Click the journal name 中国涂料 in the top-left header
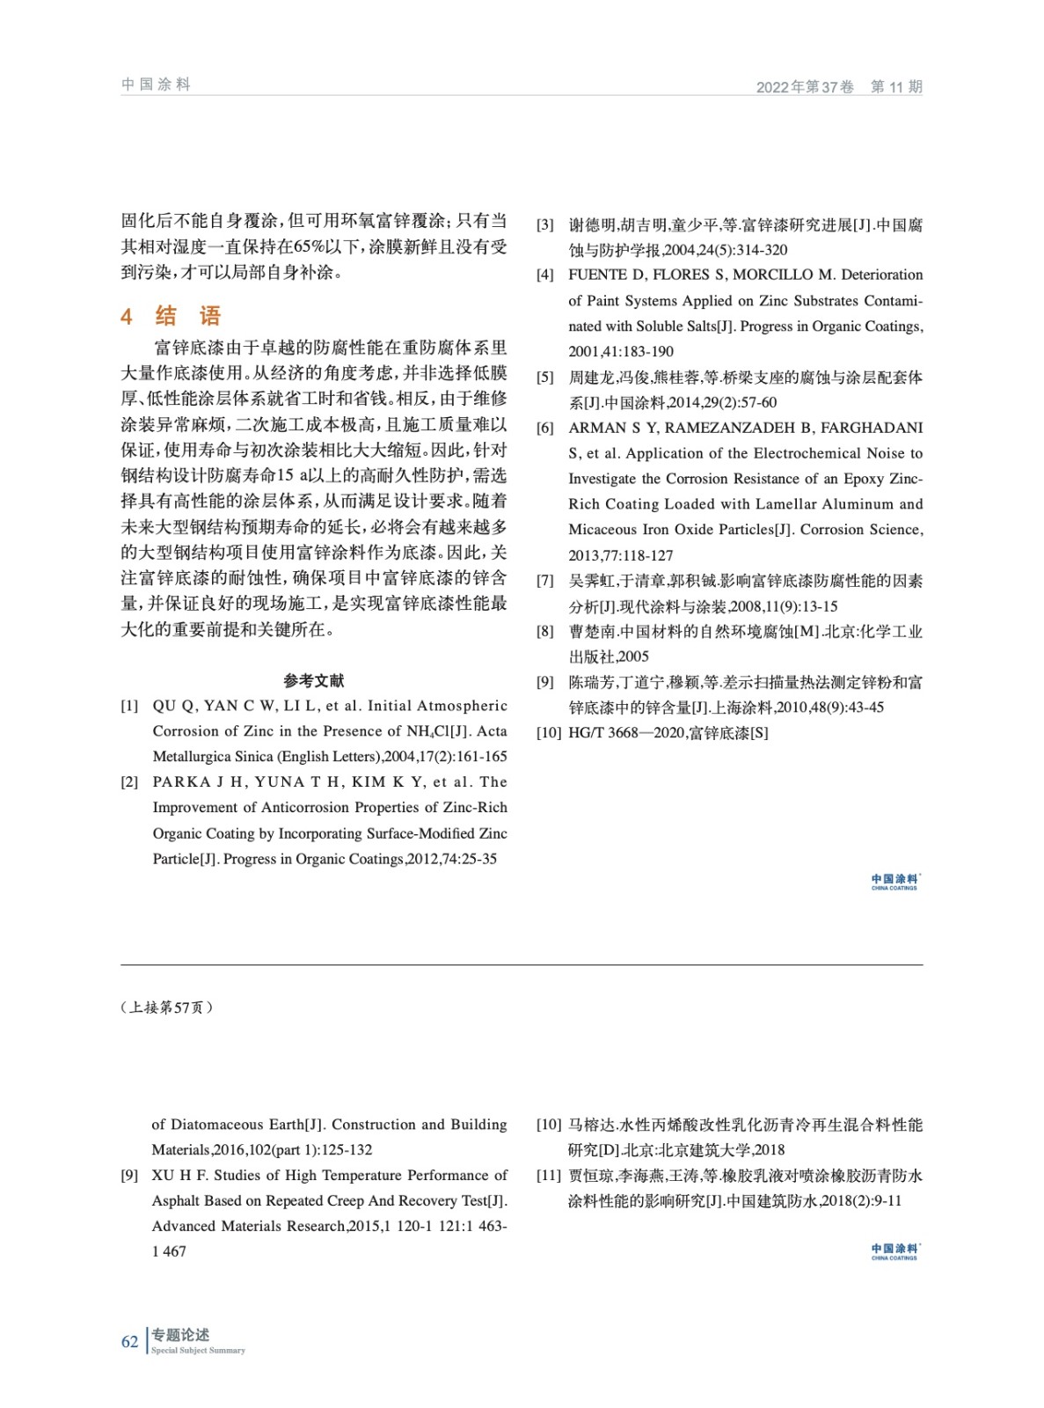(156, 84)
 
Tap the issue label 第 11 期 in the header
(895, 86)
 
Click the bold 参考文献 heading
(314, 680)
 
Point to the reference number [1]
(129, 706)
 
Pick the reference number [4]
(545, 275)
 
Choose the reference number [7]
(545, 581)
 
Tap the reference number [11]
(549, 1176)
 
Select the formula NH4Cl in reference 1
(427, 731)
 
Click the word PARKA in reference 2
(182, 782)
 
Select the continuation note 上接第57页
(166, 1008)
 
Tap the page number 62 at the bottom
(129, 1342)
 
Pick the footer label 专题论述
(180, 1335)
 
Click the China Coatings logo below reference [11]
(894, 1251)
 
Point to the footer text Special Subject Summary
(198, 1351)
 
